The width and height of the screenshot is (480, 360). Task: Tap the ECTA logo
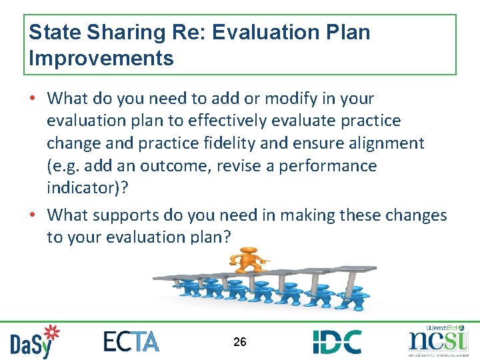[x=131, y=341]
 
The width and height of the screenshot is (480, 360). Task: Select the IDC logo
[x=337, y=341]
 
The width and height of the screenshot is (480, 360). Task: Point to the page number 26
[x=240, y=342]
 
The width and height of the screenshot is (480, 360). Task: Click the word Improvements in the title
[x=101, y=58]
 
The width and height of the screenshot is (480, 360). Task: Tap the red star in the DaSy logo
[x=51, y=331]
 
